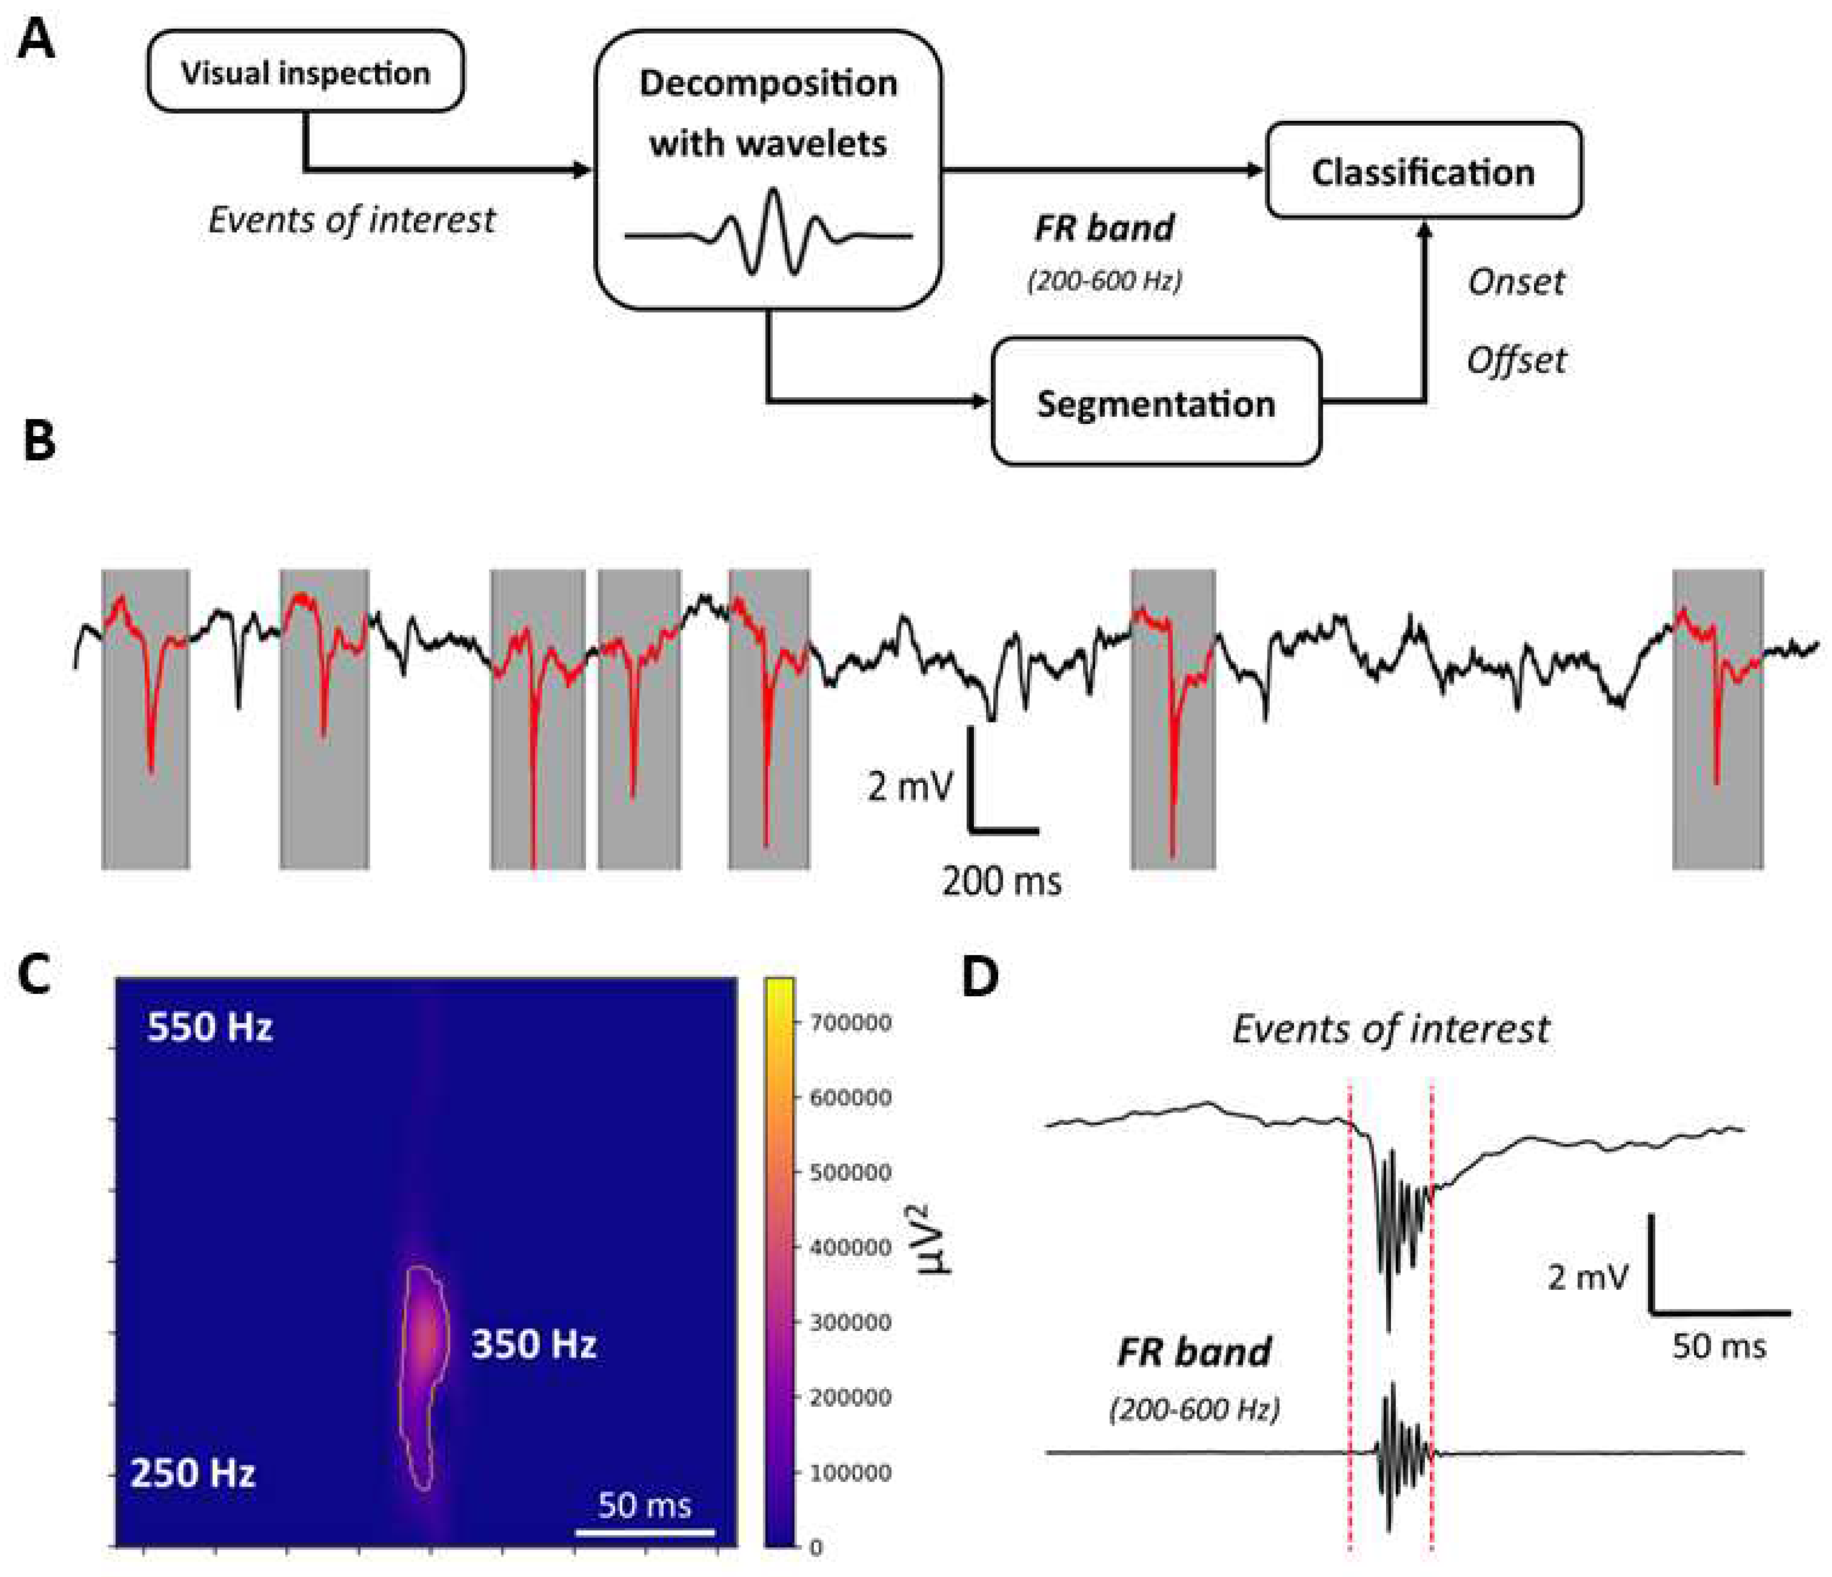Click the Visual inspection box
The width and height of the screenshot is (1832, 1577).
(305, 71)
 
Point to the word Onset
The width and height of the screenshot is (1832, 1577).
(1516, 282)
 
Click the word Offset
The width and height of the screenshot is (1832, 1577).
(1516, 360)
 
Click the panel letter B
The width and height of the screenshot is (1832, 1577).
(39, 441)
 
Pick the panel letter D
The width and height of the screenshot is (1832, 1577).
(979, 976)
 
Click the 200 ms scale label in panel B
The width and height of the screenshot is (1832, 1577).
(1001, 882)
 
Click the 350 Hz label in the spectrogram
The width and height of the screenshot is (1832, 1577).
(533, 1344)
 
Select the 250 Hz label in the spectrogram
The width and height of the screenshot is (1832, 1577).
(193, 1473)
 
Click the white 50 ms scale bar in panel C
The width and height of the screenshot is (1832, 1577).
(645, 1531)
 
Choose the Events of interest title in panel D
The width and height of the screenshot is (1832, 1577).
(1390, 1028)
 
